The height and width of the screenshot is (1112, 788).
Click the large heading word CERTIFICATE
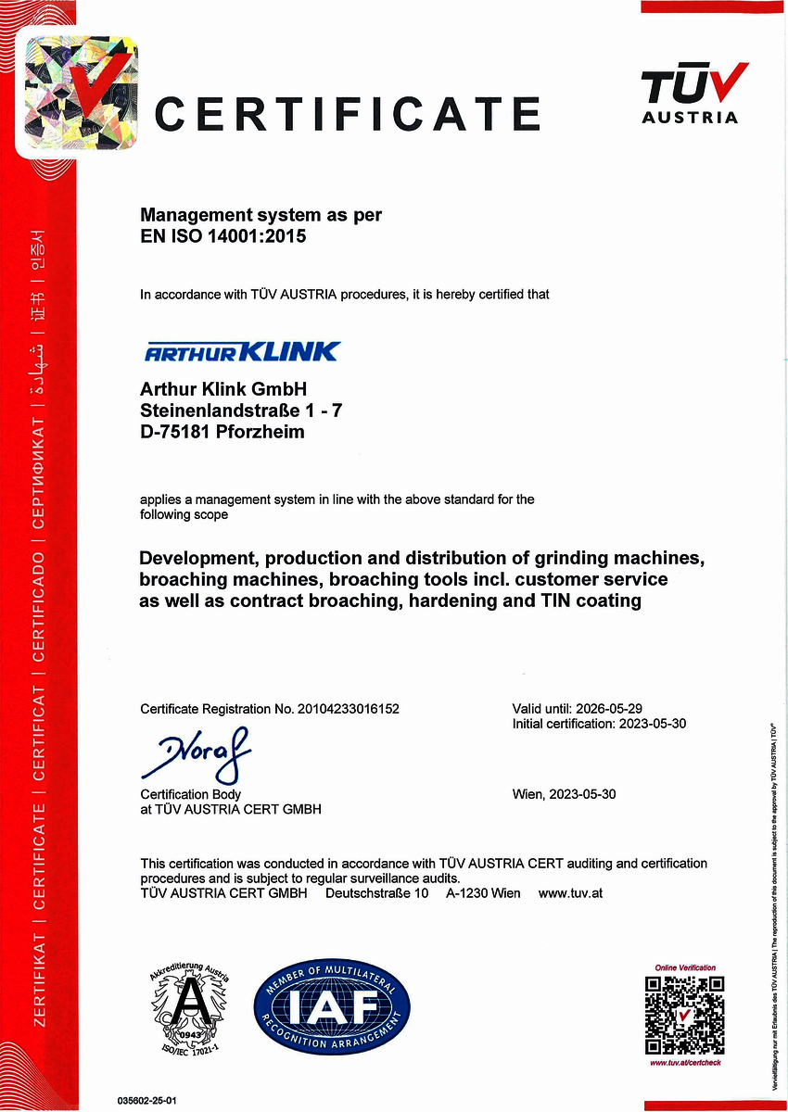(x=347, y=113)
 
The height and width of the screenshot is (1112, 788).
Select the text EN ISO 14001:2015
(x=222, y=236)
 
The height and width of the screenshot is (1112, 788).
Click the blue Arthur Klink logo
(x=242, y=351)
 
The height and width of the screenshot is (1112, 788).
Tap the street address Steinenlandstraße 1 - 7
(x=241, y=409)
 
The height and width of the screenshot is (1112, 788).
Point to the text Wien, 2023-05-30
(x=564, y=794)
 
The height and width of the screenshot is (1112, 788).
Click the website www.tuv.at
(x=571, y=893)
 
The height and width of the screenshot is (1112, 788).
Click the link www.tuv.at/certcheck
(x=685, y=1062)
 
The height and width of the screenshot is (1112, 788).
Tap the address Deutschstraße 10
(x=376, y=893)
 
